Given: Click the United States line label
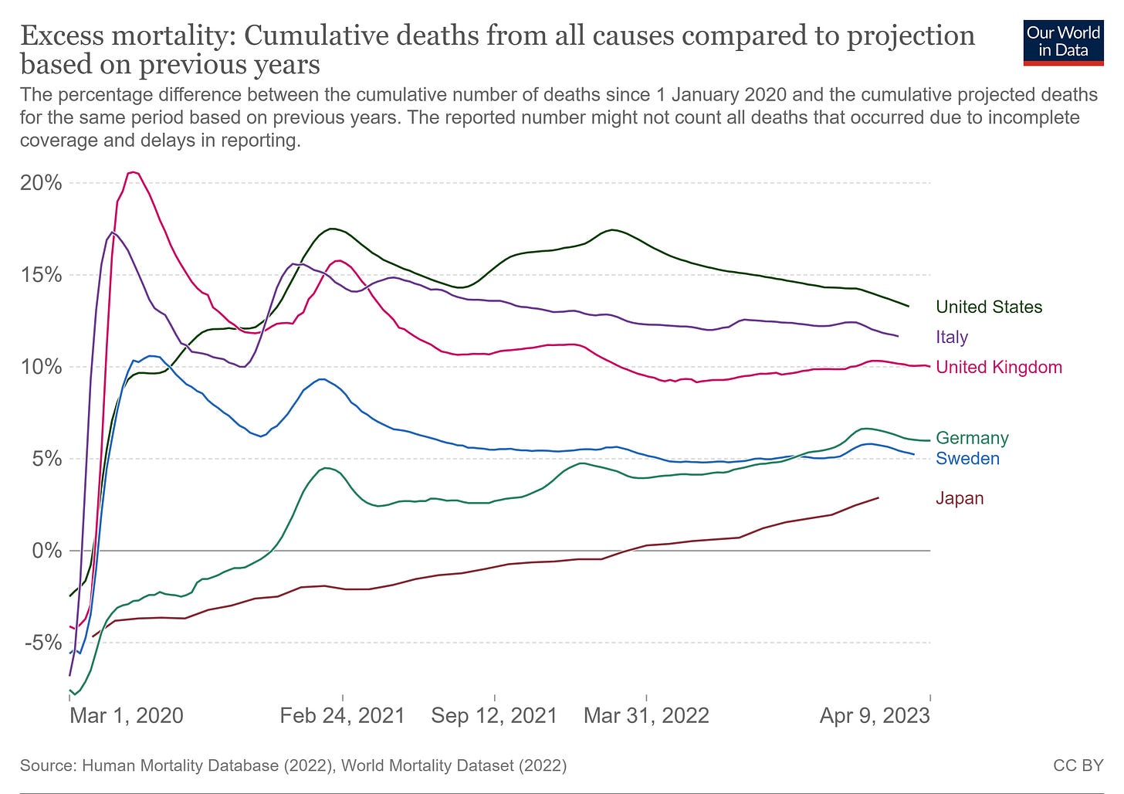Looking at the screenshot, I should pos(988,307).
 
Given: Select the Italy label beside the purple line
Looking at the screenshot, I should pos(951,337).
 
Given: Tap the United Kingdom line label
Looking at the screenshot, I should pos(998,367).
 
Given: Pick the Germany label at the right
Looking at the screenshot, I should pos(971,438).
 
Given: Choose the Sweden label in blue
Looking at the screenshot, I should pos(967,458).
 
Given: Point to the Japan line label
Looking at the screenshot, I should pos(959,498).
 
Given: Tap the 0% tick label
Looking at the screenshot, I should pos(47,551).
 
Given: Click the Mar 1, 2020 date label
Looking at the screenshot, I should pos(127,715).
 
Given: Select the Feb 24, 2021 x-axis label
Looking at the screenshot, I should pos(342,715).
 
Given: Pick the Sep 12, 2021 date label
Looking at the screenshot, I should pos(494,715).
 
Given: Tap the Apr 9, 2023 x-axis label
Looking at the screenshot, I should pos(874,715).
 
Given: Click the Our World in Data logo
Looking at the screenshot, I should pos(1062,42).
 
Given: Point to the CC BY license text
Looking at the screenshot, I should pos(1078,765).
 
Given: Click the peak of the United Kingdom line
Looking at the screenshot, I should pos(133,172).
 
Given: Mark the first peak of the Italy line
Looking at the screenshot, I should pos(113,232).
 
